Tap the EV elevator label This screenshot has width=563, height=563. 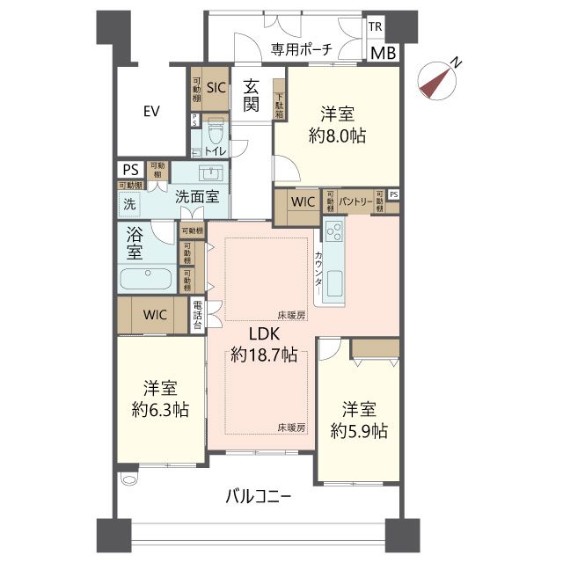pyautogui.click(x=151, y=111)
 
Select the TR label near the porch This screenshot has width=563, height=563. pyautogui.click(x=376, y=28)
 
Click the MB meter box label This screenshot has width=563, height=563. pyautogui.click(x=382, y=53)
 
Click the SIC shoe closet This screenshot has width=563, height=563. pyautogui.click(x=216, y=87)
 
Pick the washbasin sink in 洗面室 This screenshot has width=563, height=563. pyautogui.click(x=212, y=172)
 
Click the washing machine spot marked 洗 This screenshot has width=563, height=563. pyautogui.click(x=130, y=202)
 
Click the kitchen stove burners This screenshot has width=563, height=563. pyautogui.click(x=334, y=232)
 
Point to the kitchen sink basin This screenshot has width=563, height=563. pyautogui.click(x=334, y=284)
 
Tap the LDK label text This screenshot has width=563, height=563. pyautogui.click(x=263, y=335)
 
